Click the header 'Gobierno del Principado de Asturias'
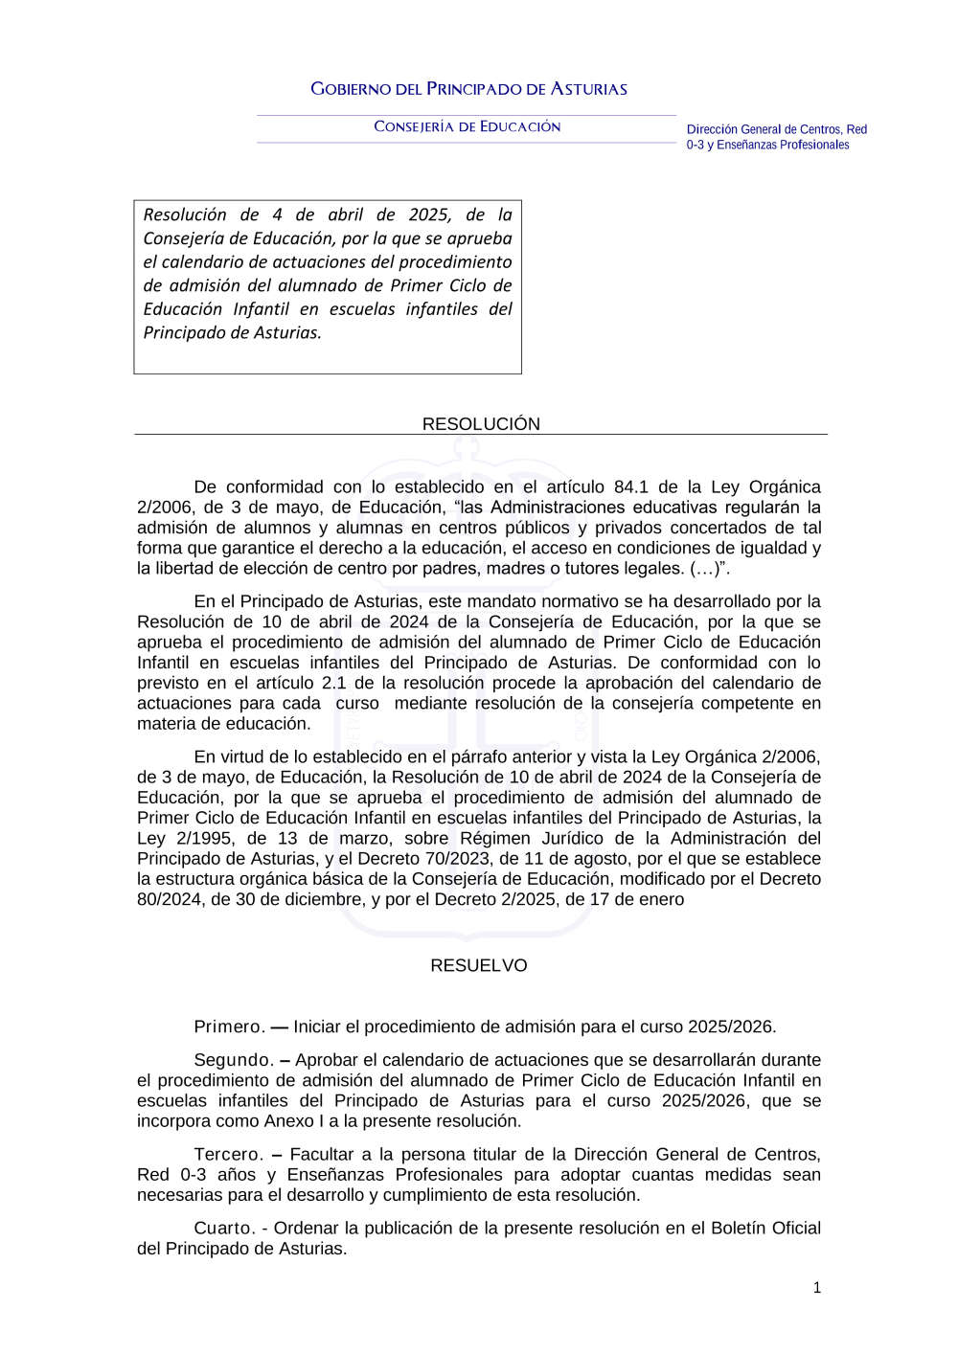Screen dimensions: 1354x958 (468, 89)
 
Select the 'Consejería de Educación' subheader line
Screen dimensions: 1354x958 (467, 126)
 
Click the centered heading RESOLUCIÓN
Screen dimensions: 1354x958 (481, 424)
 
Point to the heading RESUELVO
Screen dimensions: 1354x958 (478, 965)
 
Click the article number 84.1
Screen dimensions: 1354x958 (631, 486)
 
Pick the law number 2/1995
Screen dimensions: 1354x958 (206, 838)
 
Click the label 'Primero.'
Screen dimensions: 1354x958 (229, 1027)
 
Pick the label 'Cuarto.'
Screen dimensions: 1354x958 (224, 1228)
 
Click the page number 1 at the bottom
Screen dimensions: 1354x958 (817, 1288)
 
